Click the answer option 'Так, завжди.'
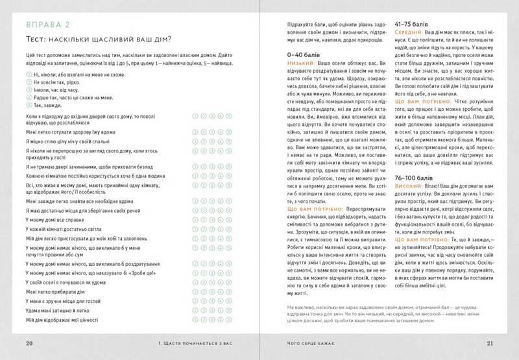50,104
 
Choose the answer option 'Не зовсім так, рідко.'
62,83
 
